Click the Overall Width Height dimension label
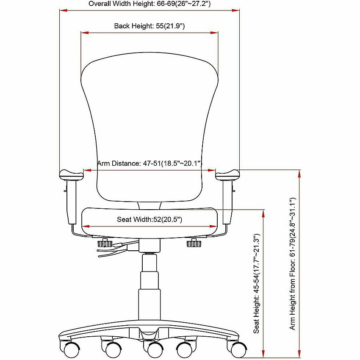tap(150, 4)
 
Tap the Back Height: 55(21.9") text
tap(150, 26)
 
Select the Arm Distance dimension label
tap(150, 163)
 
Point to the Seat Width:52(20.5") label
tap(150, 219)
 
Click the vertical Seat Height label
tap(256, 283)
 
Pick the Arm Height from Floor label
tap(292, 263)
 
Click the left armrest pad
tap(72, 175)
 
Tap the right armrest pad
tap(227, 175)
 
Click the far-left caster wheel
tap(71, 350)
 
